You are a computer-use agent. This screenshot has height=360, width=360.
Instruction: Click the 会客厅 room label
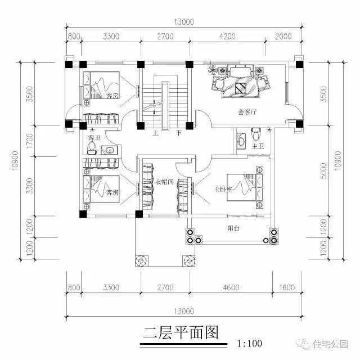247,112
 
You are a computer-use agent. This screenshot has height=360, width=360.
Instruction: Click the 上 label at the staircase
154,133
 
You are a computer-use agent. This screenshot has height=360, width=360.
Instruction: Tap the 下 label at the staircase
178,133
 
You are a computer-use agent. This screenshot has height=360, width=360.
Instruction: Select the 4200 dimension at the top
226,37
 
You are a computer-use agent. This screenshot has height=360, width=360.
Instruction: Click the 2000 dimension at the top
285,37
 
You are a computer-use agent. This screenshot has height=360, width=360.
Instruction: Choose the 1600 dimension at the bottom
286,287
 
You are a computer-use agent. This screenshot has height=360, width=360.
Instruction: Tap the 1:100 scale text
250,341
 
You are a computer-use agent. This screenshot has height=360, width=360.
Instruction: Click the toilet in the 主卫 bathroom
256,135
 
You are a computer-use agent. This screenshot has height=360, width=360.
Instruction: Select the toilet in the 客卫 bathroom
92,148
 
